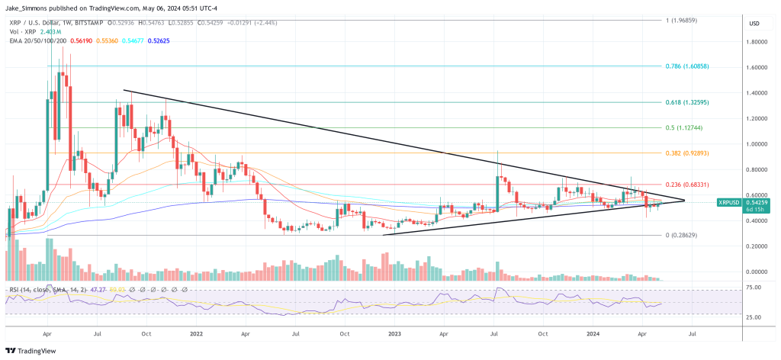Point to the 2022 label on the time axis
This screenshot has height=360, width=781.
click(x=197, y=334)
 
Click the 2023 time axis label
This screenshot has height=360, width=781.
click(x=394, y=334)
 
